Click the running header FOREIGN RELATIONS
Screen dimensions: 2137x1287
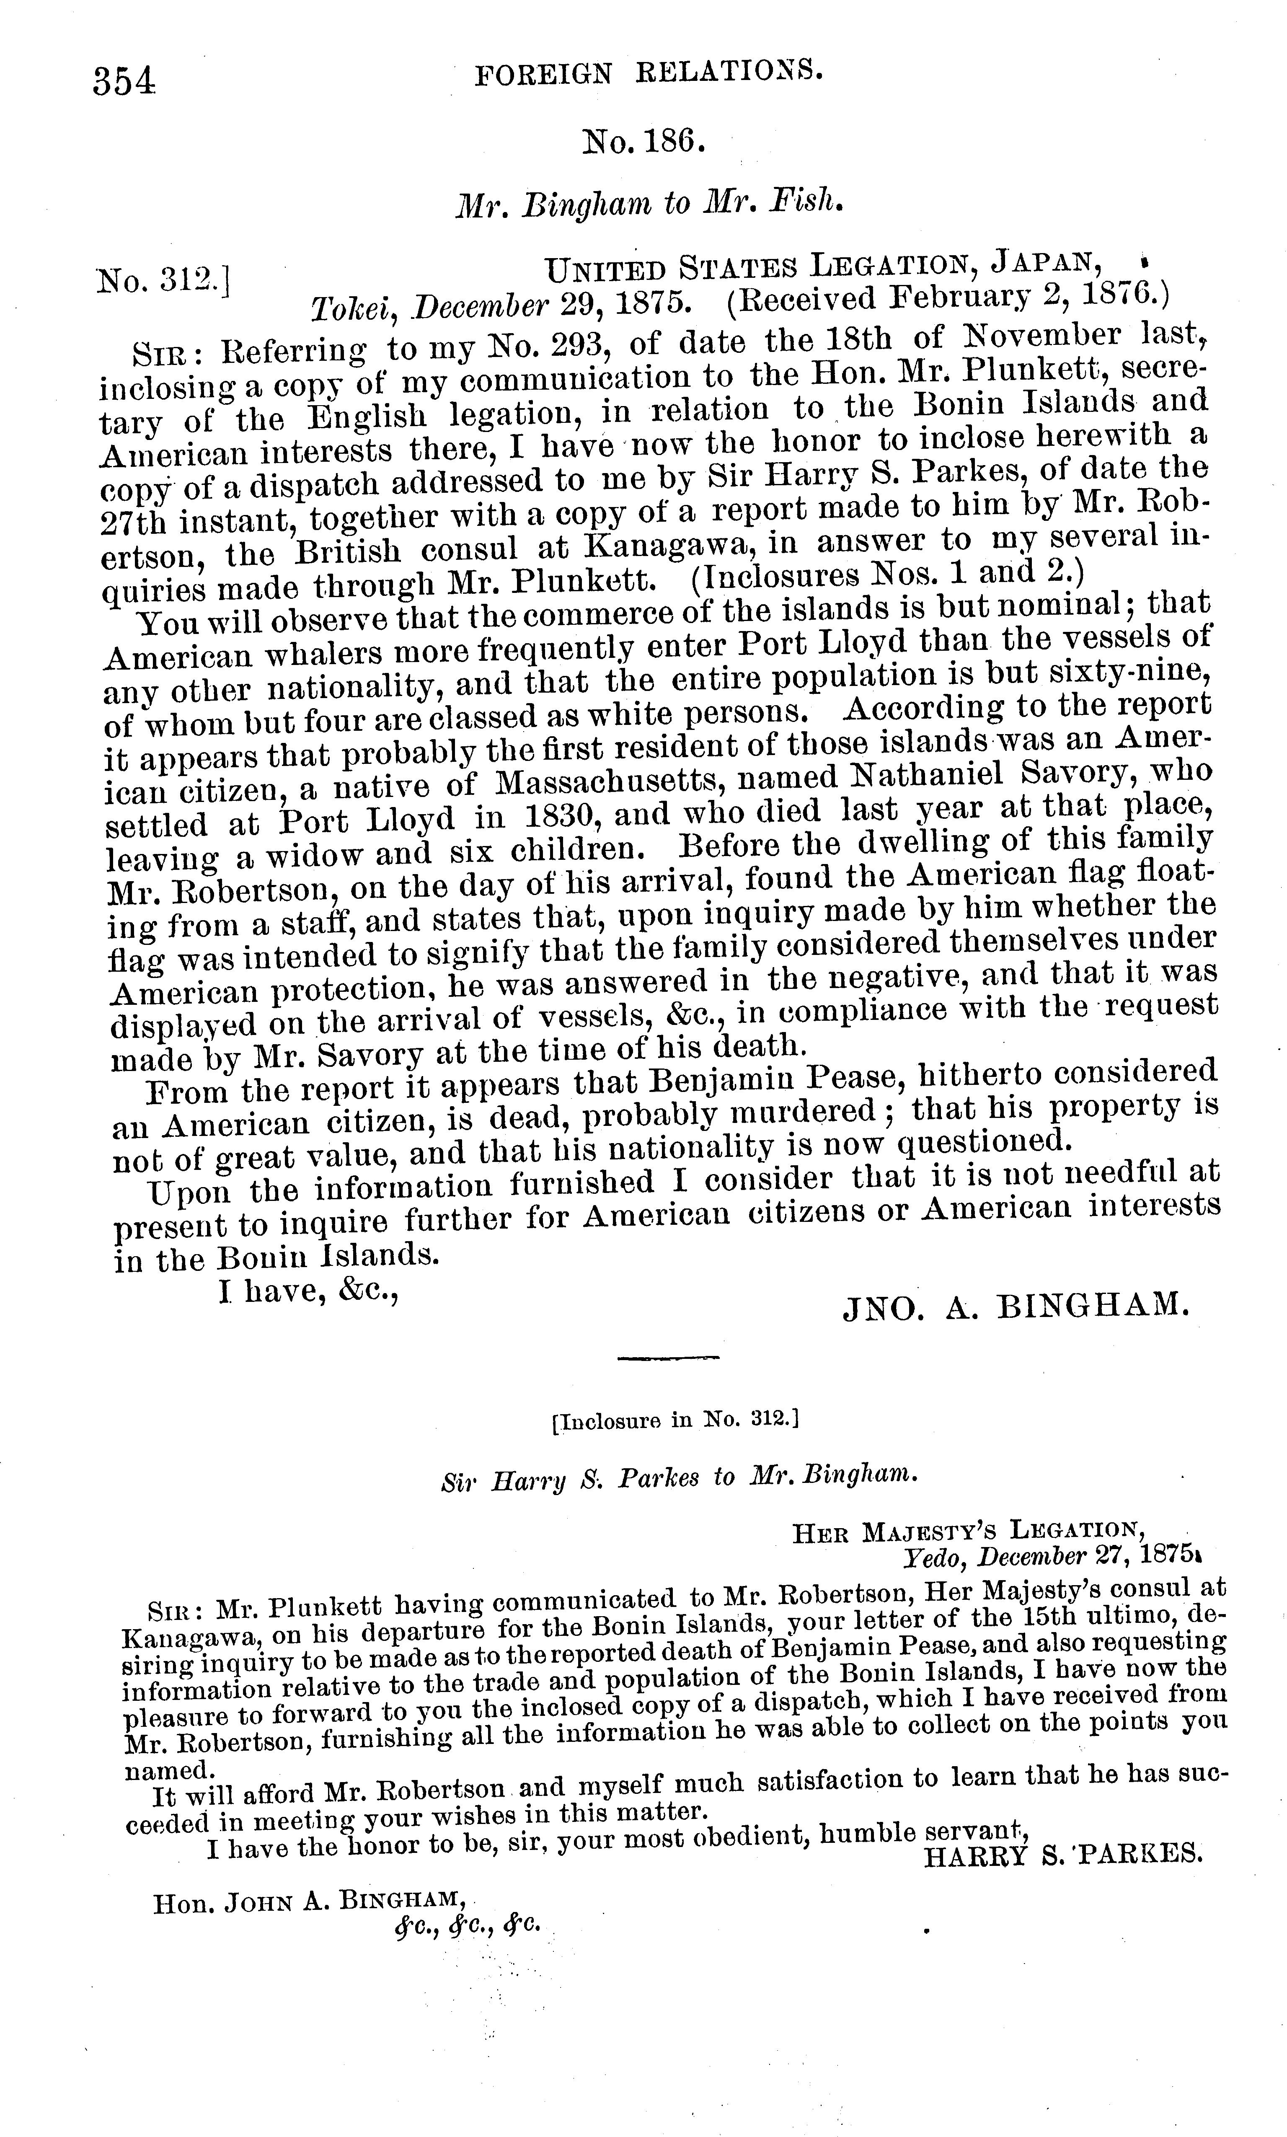point(649,75)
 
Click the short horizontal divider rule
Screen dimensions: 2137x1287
point(668,1357)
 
